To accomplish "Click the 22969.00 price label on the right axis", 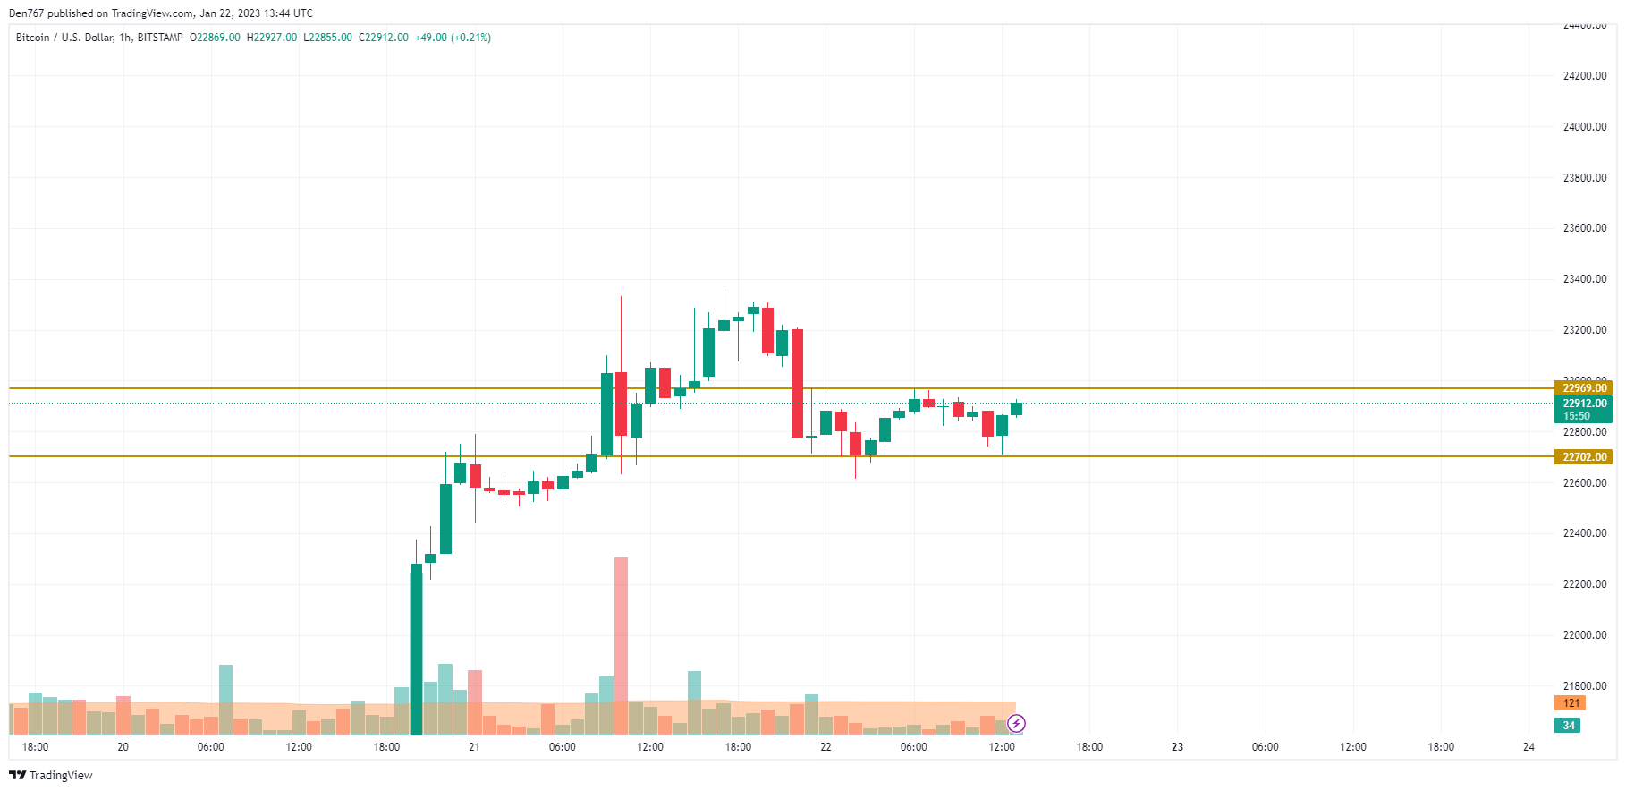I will pyautogui.click(x=1584, y=388).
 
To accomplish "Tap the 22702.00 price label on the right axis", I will pyautogui.click(x=1584, y=457).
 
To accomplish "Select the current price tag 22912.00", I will pyautogui.click(x=1584, y=404).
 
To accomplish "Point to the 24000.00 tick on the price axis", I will pyautogui.click(x=1584, y=127).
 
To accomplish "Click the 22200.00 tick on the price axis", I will pyautogui.click(x=1584, y=584).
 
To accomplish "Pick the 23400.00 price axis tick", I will pyautogui.click(x=1584, y=279).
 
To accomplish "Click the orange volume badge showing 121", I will pyautogui.click(x=1570, y=703).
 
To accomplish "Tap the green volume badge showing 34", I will pyautogui.click(x=1568, y=726).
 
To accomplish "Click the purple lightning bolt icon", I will pyautogui.click(x=1016, y=723).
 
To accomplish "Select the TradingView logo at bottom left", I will pyautogui.click(x=51, y=775).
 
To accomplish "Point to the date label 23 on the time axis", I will pyautogui.click(x=1177, y=747).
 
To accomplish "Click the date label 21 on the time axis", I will pyautogui.click(x=474, y=747).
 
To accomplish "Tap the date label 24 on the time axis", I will pyautogui.click(x=1529, y=747).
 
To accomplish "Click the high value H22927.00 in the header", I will pyautogui.click(x=272, y=38).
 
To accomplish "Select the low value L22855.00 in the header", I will pyautogui.click(x=327, y=38).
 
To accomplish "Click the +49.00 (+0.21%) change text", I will pyautogui.click(x=453, y=38).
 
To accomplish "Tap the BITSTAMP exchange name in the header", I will pyautogui.click(x=160, y=38).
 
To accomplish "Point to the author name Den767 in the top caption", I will pyautogui.click(x=25, y=13).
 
